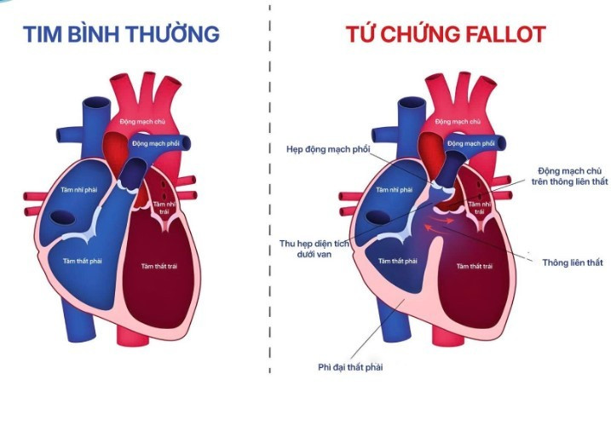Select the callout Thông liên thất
pyautogui.click(x=572, y=262)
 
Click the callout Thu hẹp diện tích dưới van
pyautogui.click(x=315, y=249)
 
